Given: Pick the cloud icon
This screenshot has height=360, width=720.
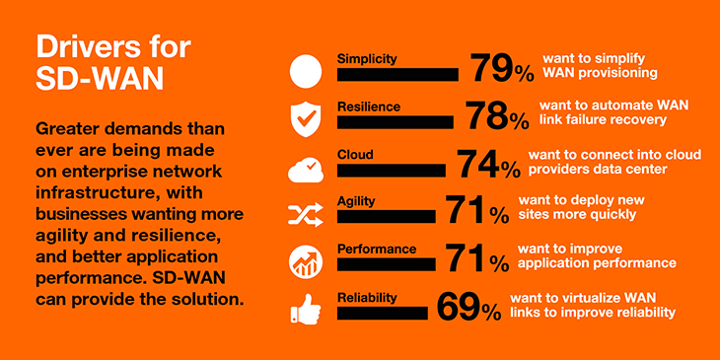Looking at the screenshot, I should [305, 168].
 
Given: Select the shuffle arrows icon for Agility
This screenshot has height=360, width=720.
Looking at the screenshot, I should [305, 214].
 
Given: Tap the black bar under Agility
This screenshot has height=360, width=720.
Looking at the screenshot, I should [386, 215].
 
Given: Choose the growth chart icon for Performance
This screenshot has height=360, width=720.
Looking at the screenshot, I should [305, 262].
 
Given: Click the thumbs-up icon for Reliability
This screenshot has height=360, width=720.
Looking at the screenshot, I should [305, 310].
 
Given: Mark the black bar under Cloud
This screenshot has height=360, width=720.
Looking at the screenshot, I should [391, 169].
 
